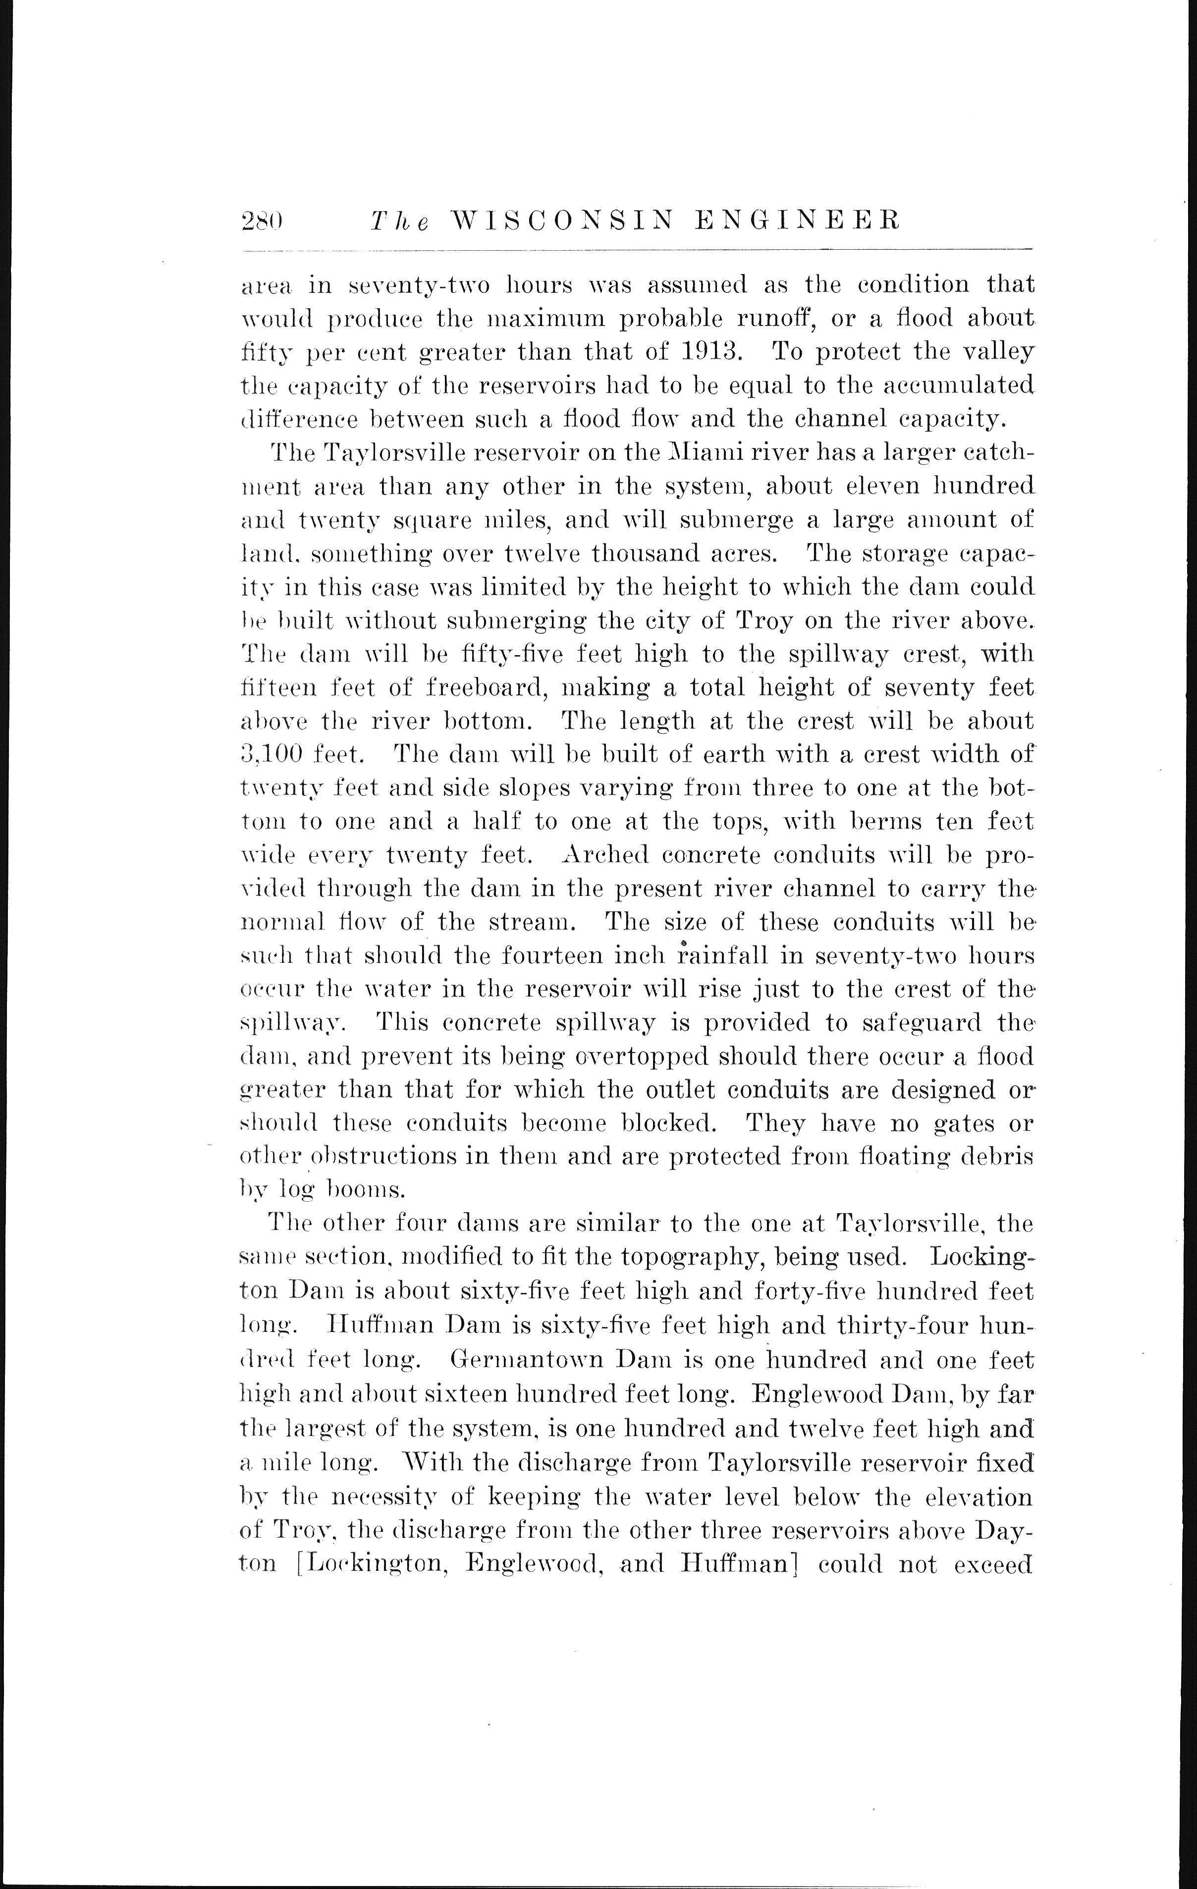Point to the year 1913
click(x=710, y=351)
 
